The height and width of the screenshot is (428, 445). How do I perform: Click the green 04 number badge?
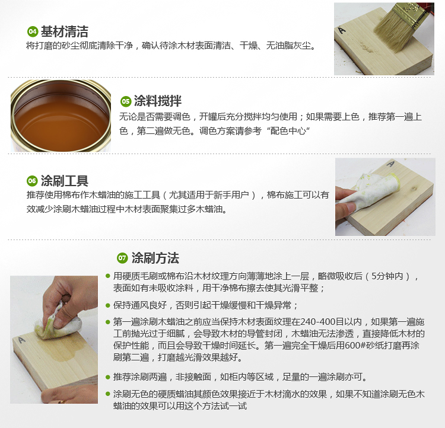pos(33,31)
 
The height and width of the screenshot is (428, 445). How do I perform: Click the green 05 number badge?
pos(125,101)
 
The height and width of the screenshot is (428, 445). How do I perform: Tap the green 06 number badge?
pos(32,181)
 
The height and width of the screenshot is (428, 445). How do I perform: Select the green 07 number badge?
pos(122,258)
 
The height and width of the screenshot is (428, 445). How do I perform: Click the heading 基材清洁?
pos(65,31)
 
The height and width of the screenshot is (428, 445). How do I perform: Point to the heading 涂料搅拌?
pos(157,101)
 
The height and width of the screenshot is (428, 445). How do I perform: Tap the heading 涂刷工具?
pos(65,181)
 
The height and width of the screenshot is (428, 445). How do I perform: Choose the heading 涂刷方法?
pos(155,258)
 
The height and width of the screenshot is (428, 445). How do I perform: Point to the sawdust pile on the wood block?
pos(367,47)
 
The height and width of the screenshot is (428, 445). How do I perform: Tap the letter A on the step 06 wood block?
pos(390,164)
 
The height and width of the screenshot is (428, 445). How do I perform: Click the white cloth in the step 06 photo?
pos(369,191)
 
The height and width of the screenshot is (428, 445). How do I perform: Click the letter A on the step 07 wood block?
pos(21,340)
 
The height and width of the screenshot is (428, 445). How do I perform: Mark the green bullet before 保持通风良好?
pos(107,305)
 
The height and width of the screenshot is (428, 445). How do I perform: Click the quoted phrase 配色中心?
pos(288,131)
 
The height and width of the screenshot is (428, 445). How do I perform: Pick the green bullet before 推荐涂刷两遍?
pos(107,377)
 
